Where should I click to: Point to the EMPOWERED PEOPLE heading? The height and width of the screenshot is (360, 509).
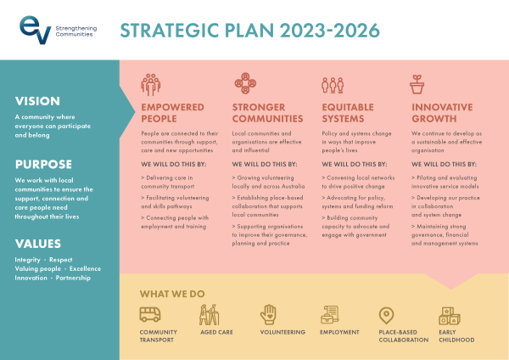point(172,113)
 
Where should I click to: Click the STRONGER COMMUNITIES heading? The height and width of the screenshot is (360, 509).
point(266,113)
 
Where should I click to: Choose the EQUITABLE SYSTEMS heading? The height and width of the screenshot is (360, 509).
point(350,113)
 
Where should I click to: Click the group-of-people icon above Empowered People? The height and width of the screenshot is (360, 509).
point(151,84)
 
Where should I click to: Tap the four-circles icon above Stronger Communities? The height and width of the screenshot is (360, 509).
point(243,84)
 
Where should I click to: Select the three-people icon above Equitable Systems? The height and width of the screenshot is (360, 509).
point(332,84)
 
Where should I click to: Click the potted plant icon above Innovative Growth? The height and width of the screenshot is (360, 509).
point(417,84)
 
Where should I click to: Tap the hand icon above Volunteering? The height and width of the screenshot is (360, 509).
point(268,315)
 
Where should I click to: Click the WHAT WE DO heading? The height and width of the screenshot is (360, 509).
point(173,293)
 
